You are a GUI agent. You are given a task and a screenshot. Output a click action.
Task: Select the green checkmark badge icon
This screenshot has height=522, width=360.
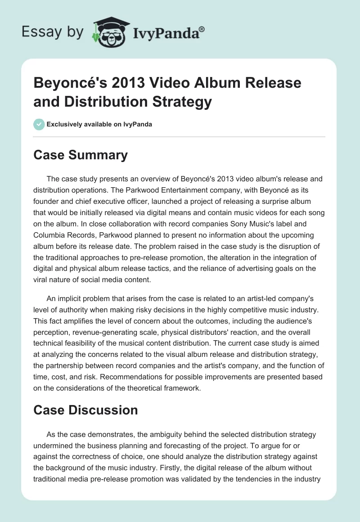tap(39, 124)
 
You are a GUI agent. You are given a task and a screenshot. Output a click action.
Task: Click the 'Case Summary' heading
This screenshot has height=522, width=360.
tap(81, 155)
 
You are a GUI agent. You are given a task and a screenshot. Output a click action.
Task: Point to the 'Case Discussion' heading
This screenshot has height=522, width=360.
tap(85, 410)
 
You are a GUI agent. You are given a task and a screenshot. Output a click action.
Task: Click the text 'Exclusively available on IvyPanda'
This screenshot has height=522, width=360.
tap(99, 125)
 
